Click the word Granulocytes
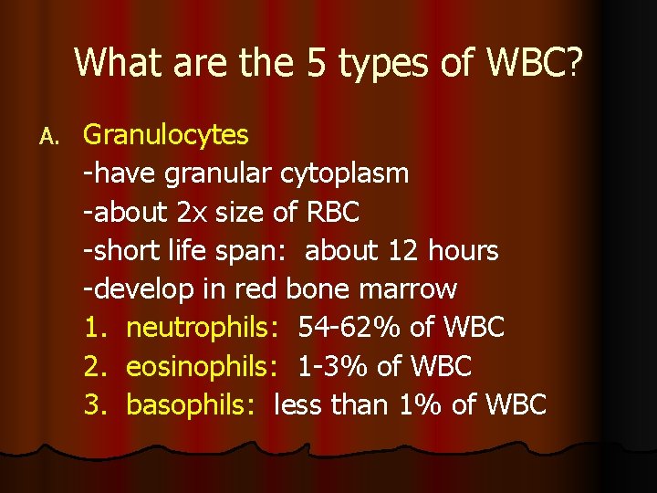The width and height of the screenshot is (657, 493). (165, 135)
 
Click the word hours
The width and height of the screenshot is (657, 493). (464, 250)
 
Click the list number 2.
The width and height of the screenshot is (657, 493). (95, 366)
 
